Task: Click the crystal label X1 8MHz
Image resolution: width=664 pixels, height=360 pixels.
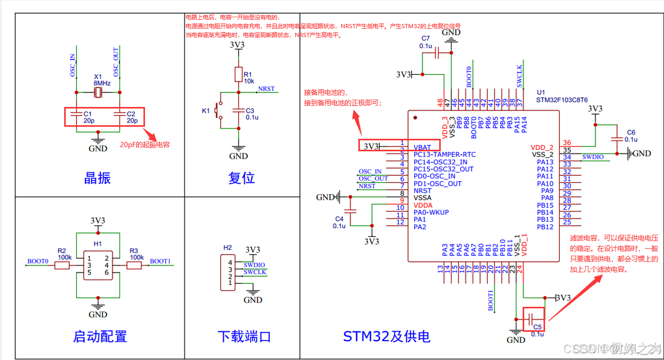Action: [102, 79]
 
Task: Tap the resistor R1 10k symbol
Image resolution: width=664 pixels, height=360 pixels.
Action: [238, 74]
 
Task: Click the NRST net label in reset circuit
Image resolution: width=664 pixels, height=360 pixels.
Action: [266, 89]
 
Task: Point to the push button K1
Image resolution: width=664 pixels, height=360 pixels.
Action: [219, 111]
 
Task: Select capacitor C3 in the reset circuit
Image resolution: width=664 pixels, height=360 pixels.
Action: [238, 111]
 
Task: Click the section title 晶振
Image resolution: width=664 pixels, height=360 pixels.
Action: [98, 178]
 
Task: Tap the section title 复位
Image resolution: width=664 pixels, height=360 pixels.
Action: [242, 178]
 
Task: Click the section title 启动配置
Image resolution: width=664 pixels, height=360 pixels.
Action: [100, 337]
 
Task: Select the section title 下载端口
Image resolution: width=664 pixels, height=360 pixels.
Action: [244, 337]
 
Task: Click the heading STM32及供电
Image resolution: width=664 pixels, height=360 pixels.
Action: [387, 337]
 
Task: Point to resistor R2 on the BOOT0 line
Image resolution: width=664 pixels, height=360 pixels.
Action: [62, 266]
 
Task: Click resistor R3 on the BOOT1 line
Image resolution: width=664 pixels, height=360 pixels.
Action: [135, 266]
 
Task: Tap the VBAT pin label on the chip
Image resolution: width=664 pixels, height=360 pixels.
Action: [422, 148]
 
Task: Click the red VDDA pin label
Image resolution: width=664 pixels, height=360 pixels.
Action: [423, 206]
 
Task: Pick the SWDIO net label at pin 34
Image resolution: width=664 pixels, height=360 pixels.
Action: [593, 157]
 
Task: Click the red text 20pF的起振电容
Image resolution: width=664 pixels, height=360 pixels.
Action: [145, 145]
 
